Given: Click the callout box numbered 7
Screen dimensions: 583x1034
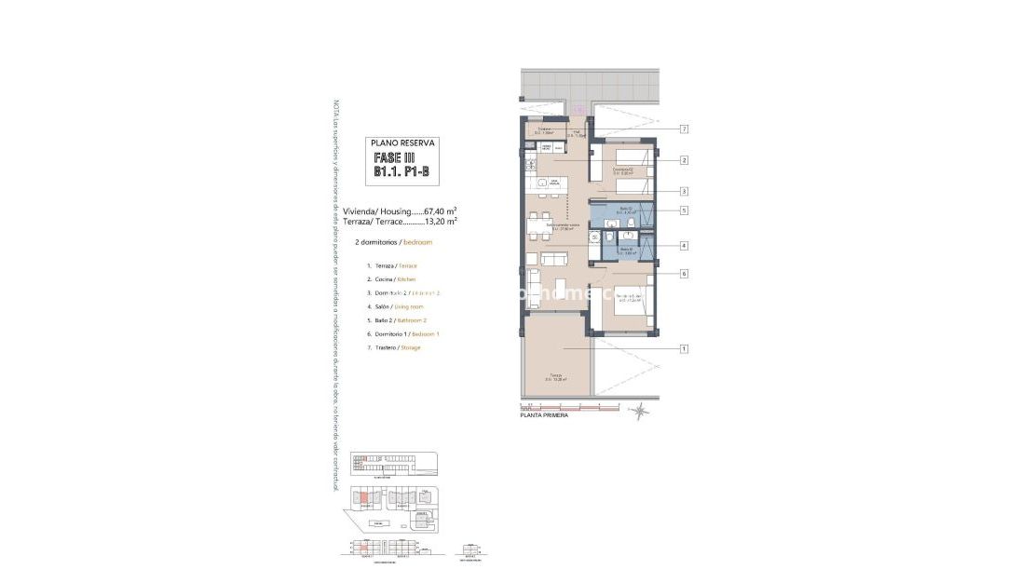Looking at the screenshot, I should click(x=684, y=129).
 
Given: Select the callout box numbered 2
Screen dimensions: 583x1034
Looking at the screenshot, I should click(x=684, y=160).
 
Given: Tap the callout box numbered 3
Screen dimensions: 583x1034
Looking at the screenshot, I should click(x=684, y=191).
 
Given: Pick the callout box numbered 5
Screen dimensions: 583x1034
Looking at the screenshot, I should click(x=684, y=210).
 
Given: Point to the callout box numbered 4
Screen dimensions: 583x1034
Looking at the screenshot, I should click(x=684, y=246).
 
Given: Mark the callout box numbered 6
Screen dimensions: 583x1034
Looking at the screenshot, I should click(x=684, y=274).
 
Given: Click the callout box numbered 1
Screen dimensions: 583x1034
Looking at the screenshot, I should click(x=684, y=349).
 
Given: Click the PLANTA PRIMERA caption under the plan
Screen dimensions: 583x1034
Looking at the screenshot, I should click(x=543, y=415).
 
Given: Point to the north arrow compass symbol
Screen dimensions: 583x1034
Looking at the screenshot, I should click(x=640, y=408).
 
